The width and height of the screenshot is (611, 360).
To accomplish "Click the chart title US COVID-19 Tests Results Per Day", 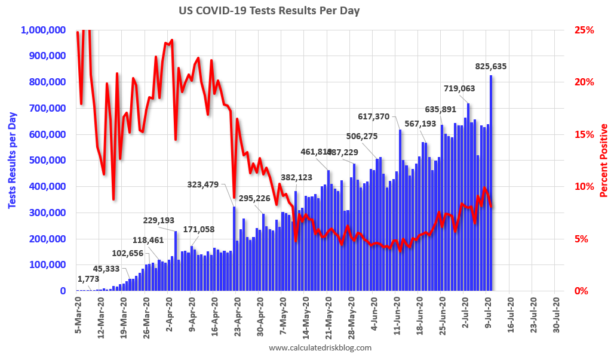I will (269, 11).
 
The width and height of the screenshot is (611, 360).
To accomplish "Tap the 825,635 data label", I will (491, 66).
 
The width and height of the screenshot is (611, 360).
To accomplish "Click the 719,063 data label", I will (459, 88).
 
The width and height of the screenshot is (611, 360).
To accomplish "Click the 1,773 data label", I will (88, 279).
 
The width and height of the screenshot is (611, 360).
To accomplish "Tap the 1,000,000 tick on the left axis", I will (44, 30).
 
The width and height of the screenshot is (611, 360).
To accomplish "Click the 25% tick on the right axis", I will (584, 30).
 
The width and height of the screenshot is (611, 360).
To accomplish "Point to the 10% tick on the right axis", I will (584, 187).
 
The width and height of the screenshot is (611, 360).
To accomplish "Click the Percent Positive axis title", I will (603, 161).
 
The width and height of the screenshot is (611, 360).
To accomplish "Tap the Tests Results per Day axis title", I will (12, 161).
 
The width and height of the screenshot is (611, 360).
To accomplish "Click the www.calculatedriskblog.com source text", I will (320, 347).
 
